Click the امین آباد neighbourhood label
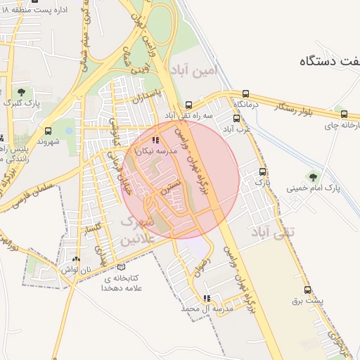194,70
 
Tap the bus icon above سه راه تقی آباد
188,103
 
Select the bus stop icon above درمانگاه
245,94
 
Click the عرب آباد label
237,129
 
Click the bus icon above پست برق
307,290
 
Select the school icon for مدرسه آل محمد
206,298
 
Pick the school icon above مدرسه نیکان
155,141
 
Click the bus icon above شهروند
48,131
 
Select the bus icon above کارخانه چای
343,113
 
